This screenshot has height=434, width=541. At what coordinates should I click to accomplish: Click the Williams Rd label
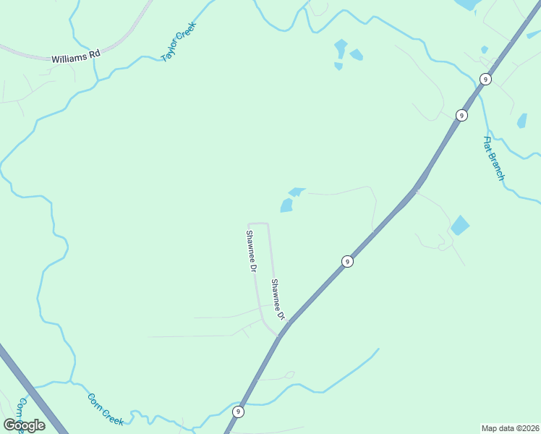[74, 57]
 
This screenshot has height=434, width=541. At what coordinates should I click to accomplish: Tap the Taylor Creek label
[179, 41]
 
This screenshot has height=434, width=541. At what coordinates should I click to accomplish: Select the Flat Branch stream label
[494, 158]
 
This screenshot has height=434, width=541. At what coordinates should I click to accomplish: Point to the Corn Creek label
[106, 409]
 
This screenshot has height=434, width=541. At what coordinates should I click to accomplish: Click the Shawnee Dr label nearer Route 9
[278, 300]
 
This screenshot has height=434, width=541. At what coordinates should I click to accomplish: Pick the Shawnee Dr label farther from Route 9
[251, 250]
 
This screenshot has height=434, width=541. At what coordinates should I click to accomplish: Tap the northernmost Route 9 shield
[485, 79]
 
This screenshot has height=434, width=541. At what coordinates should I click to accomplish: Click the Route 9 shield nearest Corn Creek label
[238, 411]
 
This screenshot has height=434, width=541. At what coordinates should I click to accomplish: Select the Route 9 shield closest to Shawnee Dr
[347, 261]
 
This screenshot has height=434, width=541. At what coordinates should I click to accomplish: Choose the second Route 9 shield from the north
[461, 115]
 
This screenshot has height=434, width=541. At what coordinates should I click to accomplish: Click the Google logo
[25, 425]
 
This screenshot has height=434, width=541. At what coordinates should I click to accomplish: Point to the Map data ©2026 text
[511, 428]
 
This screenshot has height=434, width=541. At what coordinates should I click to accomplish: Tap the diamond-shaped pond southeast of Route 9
[459, 226]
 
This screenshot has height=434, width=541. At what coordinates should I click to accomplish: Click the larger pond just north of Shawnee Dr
[286, 206]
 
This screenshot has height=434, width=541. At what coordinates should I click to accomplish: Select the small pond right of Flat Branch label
[521, 121]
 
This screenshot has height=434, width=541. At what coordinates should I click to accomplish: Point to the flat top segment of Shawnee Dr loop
[259, 224]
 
